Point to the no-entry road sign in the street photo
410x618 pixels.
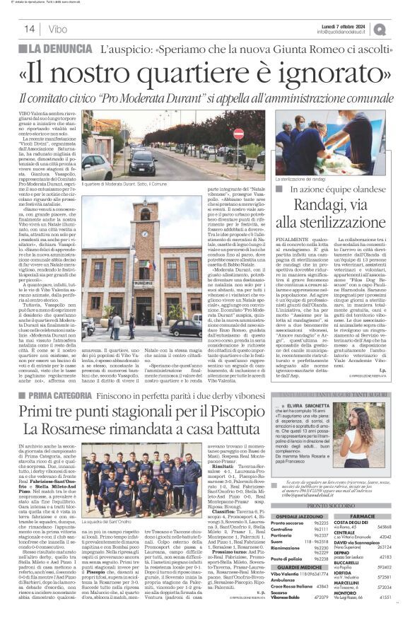pyautogui.click(x=238, y=133)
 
